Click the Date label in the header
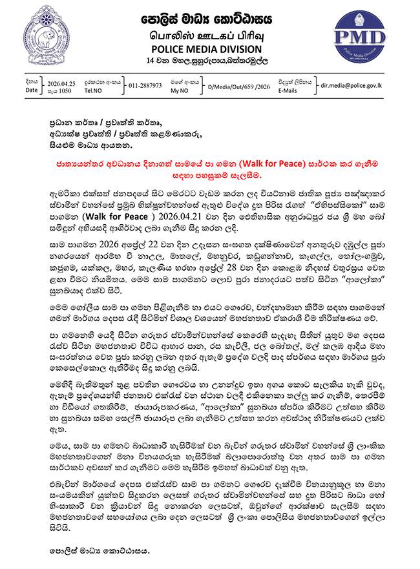[32, 92]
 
